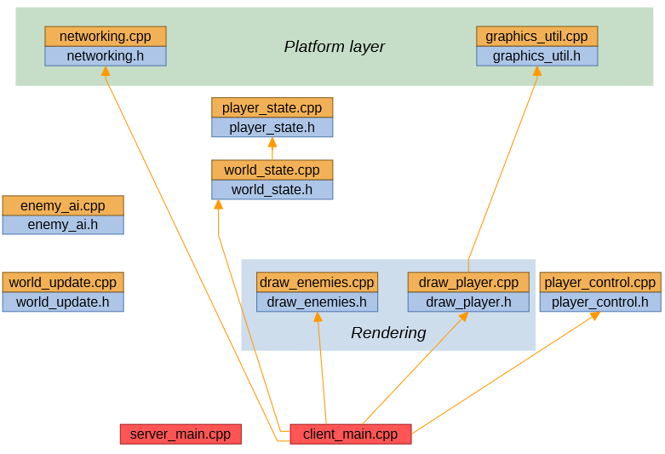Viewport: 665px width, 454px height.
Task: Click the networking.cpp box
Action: click(x=106, y=36)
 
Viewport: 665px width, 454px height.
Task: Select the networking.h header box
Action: click(x=106, y=56)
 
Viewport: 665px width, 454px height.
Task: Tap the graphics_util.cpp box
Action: click(x=536, y=36)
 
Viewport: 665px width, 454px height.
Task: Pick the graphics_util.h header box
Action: click(x=536, y=56)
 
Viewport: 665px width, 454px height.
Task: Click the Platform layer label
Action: click(x=334, y=47)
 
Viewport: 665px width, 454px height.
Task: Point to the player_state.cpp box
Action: click(x=272, y=107)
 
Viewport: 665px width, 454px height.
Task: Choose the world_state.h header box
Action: click(x=272, y=190)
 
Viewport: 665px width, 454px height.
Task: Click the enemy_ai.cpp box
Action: click(x=63, y=205)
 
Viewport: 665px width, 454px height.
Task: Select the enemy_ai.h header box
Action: click(x=63, y=225)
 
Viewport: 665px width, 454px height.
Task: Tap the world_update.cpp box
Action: click(x=63, y=282)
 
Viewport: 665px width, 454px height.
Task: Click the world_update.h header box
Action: click(x=63, y=302)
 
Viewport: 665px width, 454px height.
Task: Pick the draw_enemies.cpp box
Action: click(x=317, y=282)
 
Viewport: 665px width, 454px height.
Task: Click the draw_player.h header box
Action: click(x=468, y=302)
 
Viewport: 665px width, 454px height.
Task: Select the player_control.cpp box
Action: click(x=600, y=282)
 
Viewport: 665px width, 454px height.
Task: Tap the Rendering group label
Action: click(x=388, y=333)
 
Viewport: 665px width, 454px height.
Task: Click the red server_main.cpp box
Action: click(x=181, y=434)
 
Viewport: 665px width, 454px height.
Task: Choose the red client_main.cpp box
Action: click(x=350, y=434)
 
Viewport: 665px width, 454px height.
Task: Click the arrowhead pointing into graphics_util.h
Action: click(x=536, y=72)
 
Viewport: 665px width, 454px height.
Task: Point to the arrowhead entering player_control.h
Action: click(x=595, y=316)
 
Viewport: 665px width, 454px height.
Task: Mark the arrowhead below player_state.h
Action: click(x=272, y=142)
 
